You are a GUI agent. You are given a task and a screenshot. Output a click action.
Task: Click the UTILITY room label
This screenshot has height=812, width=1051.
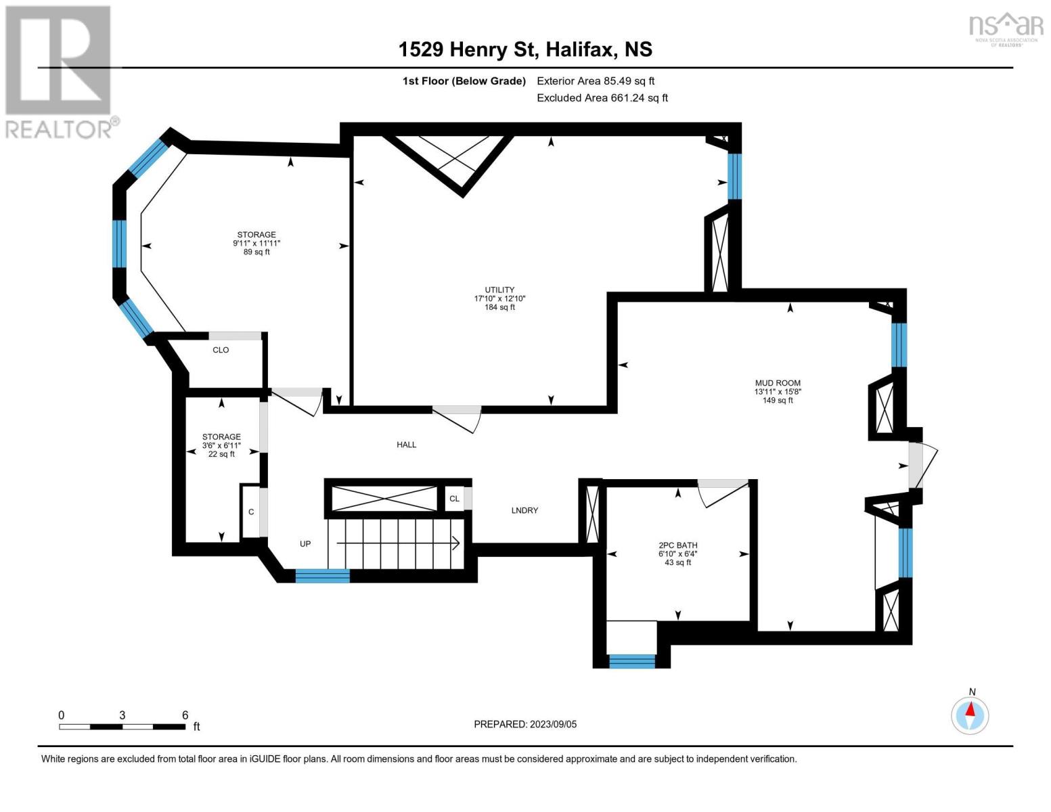pyautogui.click(x=499, y=290)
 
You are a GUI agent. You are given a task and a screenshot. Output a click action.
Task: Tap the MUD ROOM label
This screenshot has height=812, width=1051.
pyautogui.click(x=778, y=382)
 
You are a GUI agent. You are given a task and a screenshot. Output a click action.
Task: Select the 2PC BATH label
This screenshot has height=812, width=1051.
pyautogui.click(x=677, y=545)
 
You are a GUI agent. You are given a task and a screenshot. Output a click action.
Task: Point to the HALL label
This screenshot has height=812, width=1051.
pyautogui.click(x=406, y=445)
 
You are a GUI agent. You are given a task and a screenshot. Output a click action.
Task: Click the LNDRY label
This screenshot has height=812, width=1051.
pyautogui.click(x=524, y=510)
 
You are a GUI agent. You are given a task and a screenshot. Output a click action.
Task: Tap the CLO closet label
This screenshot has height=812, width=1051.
pyautogui.click(x=221, y=350)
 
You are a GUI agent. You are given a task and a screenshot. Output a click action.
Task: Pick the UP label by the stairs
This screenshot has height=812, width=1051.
pyautogui.click(x=305, y=543)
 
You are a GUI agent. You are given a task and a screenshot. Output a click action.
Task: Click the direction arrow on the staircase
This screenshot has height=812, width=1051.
pyautogui.click(x=398, y=543)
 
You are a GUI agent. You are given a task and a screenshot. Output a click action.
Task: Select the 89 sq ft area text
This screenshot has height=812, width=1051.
pyautogui.click(x=256, y=252)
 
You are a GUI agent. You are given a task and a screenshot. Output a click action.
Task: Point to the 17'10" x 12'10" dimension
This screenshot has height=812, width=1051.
pyautogui.click(x=499, y=298)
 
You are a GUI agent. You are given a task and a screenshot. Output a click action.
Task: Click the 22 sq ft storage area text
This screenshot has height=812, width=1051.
pyautogui.click(x=221, y=454)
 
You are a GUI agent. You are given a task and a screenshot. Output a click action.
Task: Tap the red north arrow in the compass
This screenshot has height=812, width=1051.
pyautogui.click(x=970, y=709)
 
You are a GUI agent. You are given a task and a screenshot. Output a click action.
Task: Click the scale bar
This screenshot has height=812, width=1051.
pyautogui.click(x=122, y=727)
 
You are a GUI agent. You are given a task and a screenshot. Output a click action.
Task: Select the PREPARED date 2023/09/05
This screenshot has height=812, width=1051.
pyautogui.click(x=553, y=724)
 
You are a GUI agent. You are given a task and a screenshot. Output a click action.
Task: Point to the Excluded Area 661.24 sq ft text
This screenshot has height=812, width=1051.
pyautogui.click(x=602, y=97)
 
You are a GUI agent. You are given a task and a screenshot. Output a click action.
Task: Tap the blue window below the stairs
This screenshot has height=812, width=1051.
pyautogui.click(x=323, y=576)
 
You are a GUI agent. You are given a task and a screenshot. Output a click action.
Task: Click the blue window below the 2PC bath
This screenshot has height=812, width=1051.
pyautogui.click(x=631, y=661)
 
